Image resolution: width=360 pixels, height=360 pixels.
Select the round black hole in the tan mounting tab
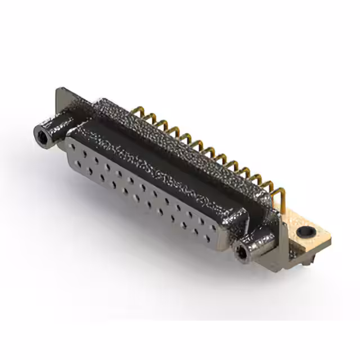pyautogui.click(x=306, y=231)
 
